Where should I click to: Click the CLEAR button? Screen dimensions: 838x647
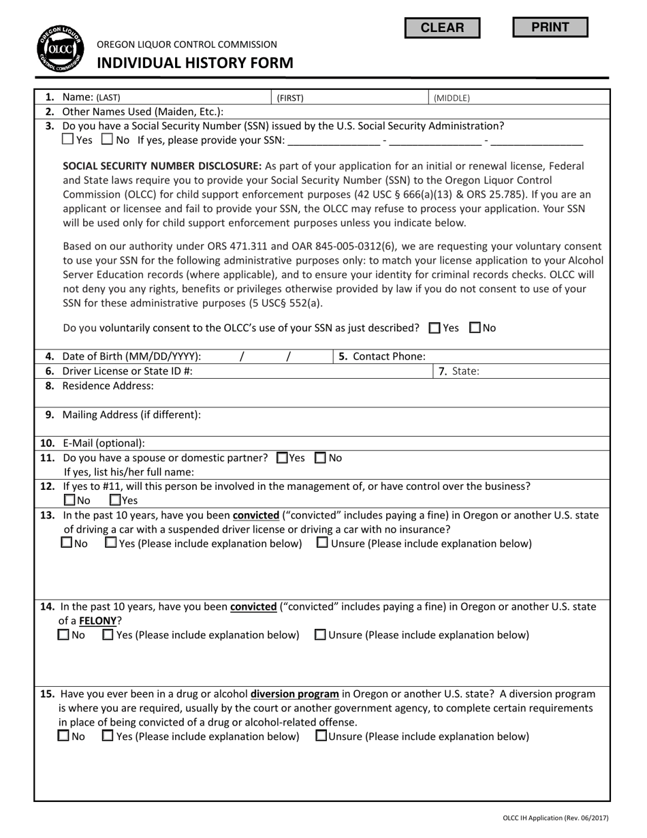(442, 28)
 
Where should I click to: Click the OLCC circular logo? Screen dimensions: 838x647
(60, 50)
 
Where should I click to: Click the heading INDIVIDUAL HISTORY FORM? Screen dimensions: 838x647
(195, 63)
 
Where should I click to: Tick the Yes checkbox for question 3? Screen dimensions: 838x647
(68, 140)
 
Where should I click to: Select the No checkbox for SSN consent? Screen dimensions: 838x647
(475, 328)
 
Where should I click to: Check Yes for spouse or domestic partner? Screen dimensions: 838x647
(282, 458)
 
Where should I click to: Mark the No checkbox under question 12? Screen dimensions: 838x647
(69, 499)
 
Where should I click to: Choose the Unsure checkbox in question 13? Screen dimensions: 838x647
(322, 543)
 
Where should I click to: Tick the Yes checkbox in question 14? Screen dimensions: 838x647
(108, 634)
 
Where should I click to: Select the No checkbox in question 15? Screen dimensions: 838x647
(64, 736)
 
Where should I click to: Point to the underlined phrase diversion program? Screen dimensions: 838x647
(295, 694)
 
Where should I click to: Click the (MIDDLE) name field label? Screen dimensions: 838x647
(452, 98)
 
